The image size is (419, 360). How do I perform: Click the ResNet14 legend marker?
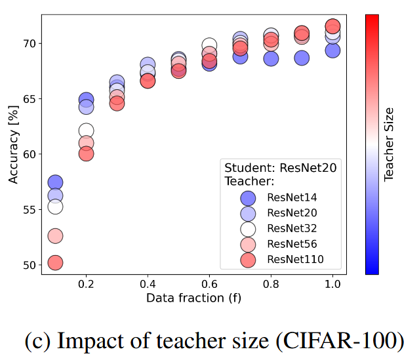tap(248, 197)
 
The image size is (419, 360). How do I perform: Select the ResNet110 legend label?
tap(295, 260)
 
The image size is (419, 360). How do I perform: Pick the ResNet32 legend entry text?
tap(292, 229)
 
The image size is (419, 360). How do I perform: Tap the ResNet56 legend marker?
tap(248, 244)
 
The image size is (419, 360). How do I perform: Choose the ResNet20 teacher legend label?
tap(292, 213)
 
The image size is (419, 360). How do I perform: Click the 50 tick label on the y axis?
tap(30, 265)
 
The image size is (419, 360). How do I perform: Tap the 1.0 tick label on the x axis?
tap(332, 287)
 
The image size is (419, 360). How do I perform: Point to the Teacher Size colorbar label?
tap(389, 144)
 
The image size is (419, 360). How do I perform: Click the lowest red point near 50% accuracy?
tap(55, 263)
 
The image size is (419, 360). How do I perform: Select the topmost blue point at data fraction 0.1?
tap(55, 182)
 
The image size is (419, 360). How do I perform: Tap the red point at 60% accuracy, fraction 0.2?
tap(86, 154)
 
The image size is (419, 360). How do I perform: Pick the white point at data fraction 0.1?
tap(55, 207)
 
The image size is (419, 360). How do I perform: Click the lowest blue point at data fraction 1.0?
tap(332, 50)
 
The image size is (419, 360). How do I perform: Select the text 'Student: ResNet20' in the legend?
tap(280, 168)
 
